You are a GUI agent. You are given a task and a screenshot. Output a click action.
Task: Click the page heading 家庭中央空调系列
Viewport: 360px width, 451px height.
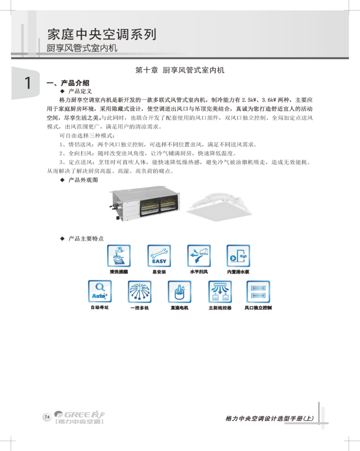click(x=102, y=33)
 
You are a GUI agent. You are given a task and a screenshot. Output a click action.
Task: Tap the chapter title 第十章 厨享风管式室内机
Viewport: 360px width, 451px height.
click(x=180, y=70)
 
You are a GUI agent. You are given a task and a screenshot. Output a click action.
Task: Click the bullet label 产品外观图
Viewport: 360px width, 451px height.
click(x=83, y=180)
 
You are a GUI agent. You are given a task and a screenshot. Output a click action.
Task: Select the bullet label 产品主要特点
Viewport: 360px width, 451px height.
click(x=86, y=239)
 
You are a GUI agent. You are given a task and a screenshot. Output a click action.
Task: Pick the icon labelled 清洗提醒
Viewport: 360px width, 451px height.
click(x=119, y=256)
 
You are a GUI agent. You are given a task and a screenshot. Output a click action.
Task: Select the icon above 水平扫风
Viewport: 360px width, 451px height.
click(x=199, y=256)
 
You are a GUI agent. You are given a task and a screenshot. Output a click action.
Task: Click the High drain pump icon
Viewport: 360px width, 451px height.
click(x=238, y=256)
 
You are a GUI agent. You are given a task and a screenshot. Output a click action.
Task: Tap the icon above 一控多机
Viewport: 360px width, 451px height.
click(x=139, y=291)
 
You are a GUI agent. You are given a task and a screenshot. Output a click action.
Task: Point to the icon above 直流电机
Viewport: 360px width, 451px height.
click(x=179, y=291)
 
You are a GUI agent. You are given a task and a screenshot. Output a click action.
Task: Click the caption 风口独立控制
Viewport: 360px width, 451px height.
click(x=258, y=308)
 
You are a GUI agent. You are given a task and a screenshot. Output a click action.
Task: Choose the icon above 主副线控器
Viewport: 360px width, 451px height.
click(x=219, y=291)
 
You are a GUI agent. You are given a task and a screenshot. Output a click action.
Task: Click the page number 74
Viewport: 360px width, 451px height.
click(x=47, y=417)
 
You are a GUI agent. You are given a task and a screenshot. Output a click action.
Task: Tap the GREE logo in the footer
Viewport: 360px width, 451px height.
click(x=80, y=418)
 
